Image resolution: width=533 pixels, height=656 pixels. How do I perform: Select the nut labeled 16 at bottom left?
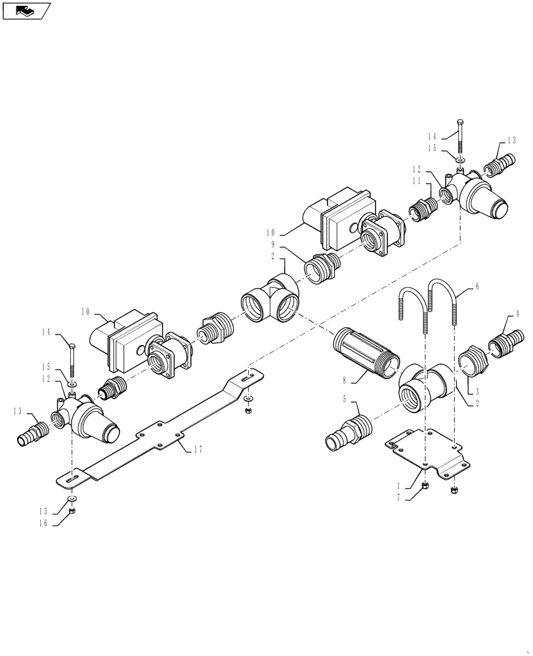pos(72,511)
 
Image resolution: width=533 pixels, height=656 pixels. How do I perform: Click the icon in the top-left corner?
pos(26,10)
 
